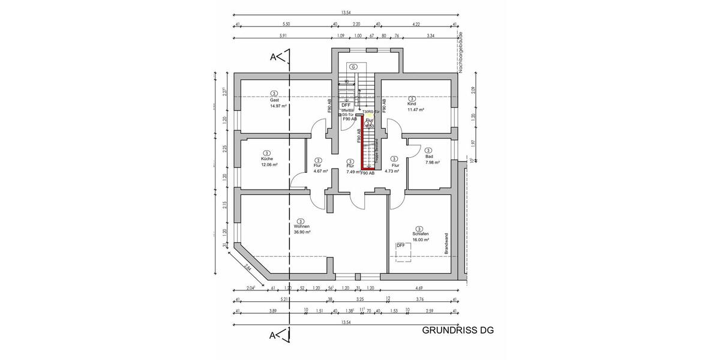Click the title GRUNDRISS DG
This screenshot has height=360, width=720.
pyautogui.click(x=457, y=330)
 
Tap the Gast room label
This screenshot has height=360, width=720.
pyautogui.click(x=275, y=100)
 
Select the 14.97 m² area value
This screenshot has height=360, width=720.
pyautogui.click(x=278, y=106)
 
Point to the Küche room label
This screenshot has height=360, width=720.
pyautogui.click(x=267, y=158)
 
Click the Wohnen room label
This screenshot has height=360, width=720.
pyautogui.click(x=302, y=226)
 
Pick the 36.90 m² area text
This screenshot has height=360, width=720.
pyautogui.click(x=302, y=232)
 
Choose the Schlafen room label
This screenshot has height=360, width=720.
pyautogui.click(x=419, y=234)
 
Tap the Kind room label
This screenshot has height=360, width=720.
pyautogui.click(x=412, y=104)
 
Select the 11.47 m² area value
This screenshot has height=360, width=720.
pyautogui.click(x=416, y=110)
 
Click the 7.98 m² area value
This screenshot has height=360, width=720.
pyautogui.click(x=433, y=162)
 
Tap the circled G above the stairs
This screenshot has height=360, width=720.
pyautogui.click(x=354, y=67)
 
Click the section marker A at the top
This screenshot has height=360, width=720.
pyautogui.click(x=273, y=57)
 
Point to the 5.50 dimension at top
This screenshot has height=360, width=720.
pyautogui.click(x=286, y=24)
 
